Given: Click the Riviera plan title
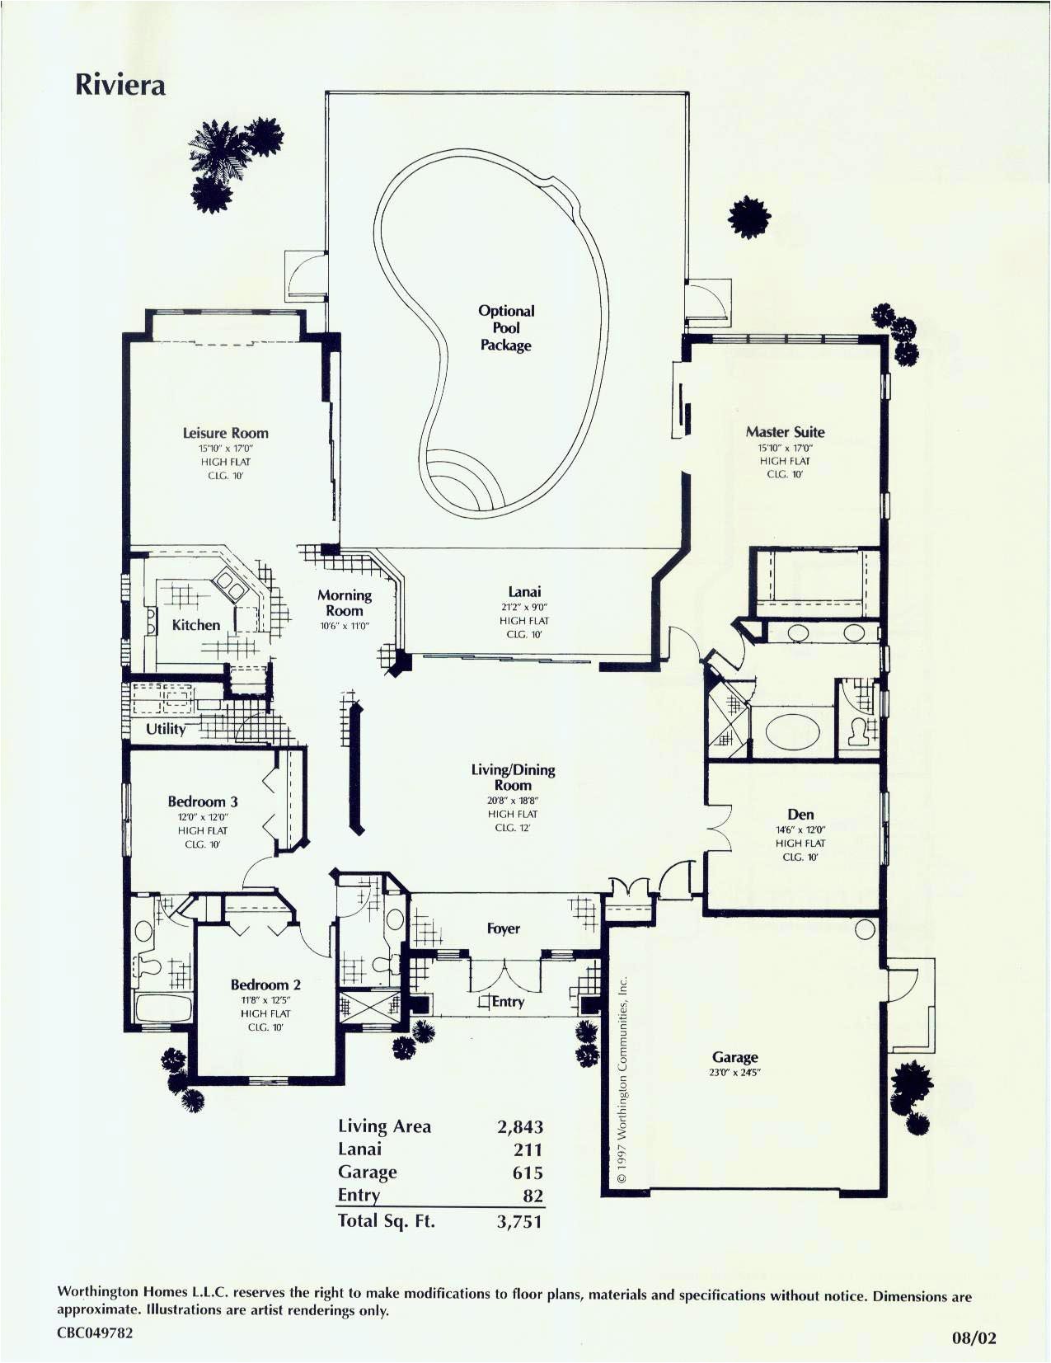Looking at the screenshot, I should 120,85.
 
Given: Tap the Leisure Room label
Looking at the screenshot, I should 225,433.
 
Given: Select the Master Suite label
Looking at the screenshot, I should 785,431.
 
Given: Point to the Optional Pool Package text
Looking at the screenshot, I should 506,327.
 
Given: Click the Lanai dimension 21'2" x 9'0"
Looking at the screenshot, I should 524,607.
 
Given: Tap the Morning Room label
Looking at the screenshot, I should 345,603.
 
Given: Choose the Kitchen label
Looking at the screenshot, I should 196,625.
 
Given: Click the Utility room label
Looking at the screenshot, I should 166,729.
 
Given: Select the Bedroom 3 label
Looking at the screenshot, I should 203,801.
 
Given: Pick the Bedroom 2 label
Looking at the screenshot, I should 265,985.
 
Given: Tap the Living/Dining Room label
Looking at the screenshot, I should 513,777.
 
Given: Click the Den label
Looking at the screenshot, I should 800,814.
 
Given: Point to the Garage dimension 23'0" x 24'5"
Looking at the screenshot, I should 734,1073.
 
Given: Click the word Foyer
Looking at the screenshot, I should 503,928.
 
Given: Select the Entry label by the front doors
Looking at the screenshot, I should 508,1001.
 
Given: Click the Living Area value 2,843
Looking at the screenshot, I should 520,1126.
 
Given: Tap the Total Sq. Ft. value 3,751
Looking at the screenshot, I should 519,1221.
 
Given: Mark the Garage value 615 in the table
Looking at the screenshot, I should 528,1173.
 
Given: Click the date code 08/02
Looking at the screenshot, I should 974,1338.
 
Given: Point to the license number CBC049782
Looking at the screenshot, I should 95,1332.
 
